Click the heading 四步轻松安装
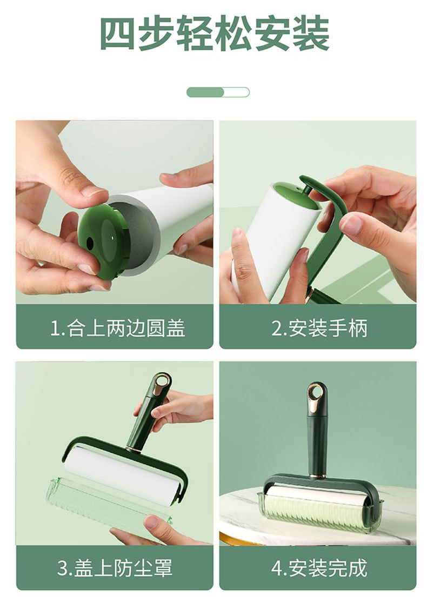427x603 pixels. [215, 33]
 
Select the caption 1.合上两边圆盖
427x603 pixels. [118, 328]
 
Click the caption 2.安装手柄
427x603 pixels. [319, 328]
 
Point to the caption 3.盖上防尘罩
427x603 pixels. [115, 568]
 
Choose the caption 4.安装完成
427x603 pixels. [319, 568]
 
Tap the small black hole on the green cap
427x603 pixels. [90, 243]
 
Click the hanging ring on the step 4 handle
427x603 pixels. [317, 393]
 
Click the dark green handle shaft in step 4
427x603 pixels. [317, 442]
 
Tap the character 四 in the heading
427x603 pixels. [117, 33]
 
